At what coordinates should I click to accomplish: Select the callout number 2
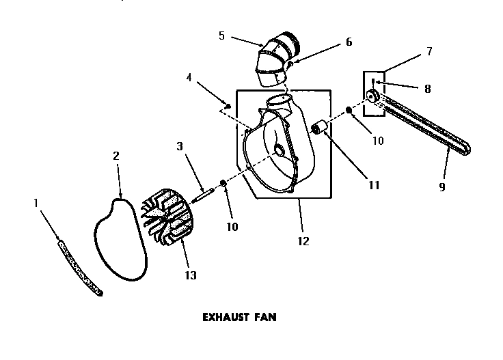point(116,156)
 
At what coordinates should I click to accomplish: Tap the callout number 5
point(222,36)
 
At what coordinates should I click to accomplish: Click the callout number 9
point(442,186)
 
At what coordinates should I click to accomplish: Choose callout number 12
point(303,240)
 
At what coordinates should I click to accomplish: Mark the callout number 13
point(190,275)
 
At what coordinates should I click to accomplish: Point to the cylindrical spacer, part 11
point(317,127)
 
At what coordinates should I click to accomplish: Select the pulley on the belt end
point(373,96)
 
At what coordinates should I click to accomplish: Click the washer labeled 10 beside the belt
point(349,111)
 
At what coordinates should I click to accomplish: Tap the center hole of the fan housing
point(280,148)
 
